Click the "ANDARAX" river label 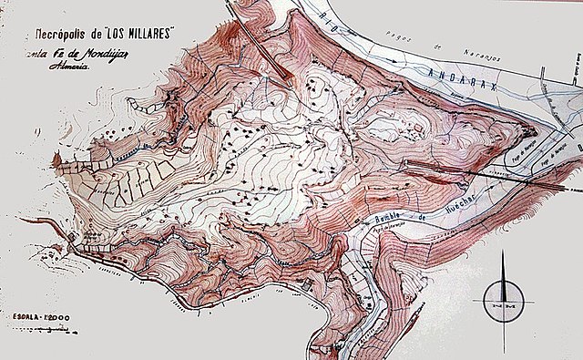coord(451,73)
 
